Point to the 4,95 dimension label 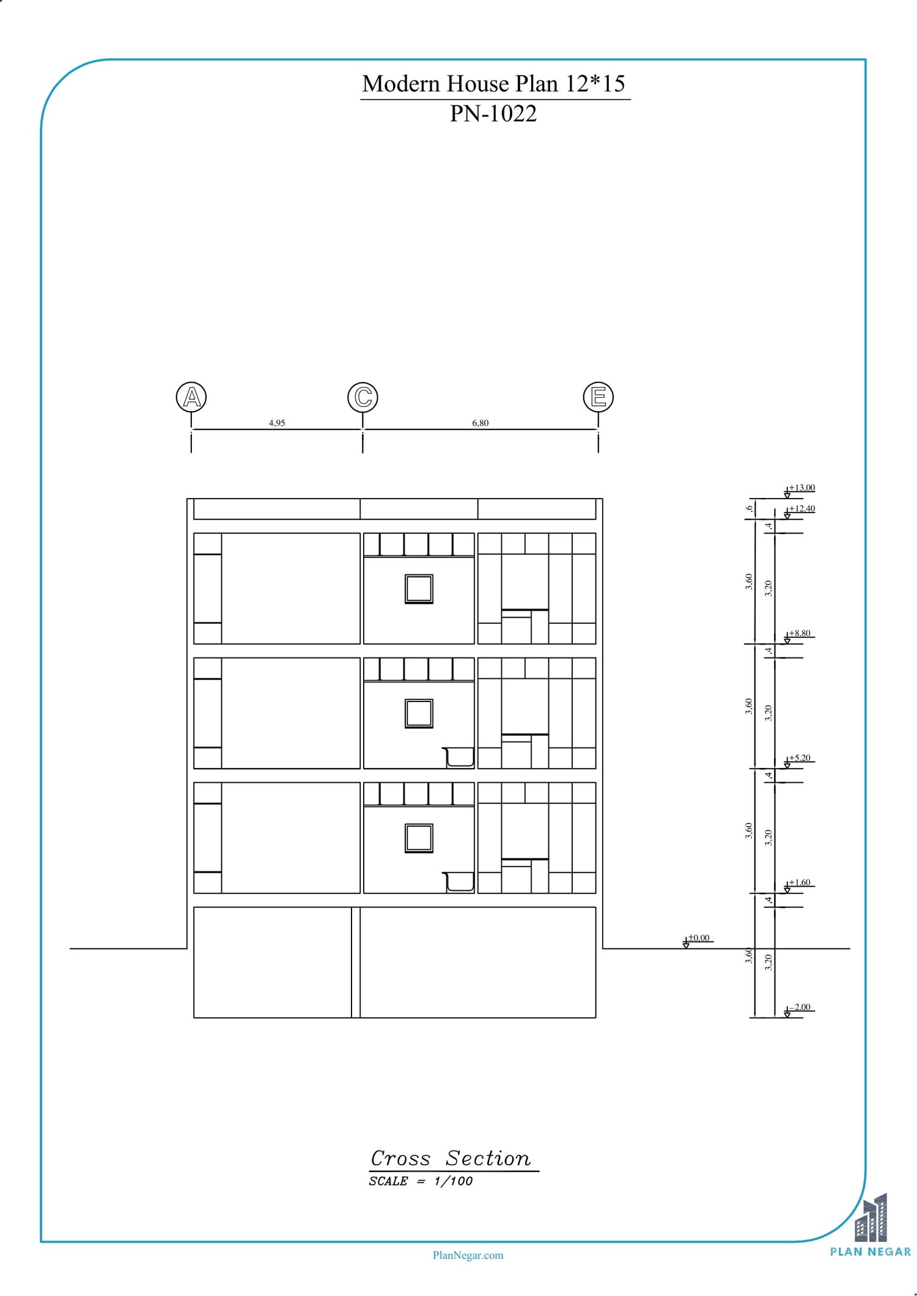click(277, 423)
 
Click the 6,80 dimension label click(481, 423)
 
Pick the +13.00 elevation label click(801, 488)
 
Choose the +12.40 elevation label click(801, 508)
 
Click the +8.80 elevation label click(800, 633)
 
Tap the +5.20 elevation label click(800, 758)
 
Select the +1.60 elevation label click(800, 882)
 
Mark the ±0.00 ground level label click(699, 938)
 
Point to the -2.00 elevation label click(800, 1007)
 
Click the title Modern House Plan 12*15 click(494, 84)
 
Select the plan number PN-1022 click(493, 114)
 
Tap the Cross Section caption click(451, 1158)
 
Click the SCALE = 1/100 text click(421, 1181)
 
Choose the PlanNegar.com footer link click(468, 1255)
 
